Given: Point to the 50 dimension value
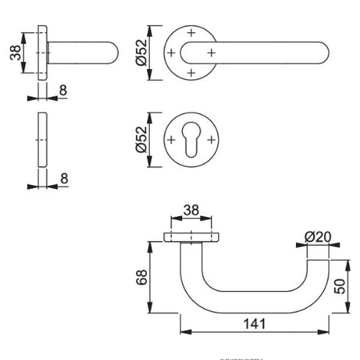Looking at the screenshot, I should point(339,284).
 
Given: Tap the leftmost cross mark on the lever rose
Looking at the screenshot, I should point(170,52).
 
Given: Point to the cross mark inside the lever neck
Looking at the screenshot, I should point(210,52).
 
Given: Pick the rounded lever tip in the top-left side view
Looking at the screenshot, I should point(112,52).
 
